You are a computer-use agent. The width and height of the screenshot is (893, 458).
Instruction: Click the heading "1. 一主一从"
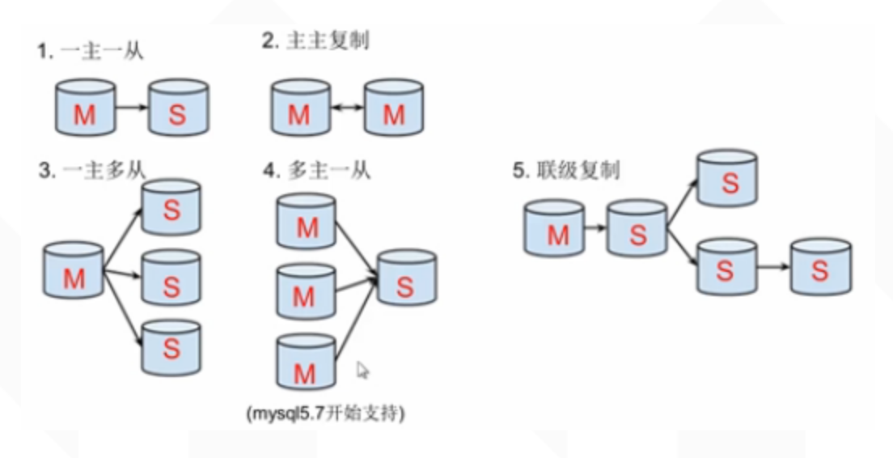(x=90, y=52)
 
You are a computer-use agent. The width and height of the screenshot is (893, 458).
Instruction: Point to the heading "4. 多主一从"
(x=316, y=170)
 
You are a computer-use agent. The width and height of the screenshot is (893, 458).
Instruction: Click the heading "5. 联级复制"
(x=566, y=170)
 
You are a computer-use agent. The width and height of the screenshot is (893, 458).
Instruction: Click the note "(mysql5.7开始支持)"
(x=326, y=413)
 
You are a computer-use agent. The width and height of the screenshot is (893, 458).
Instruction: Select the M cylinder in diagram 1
(x=85, y=108)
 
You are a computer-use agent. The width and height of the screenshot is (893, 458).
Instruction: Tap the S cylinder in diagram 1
(x=178, y=108)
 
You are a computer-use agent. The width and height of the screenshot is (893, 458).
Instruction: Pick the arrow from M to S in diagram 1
(x=131, y=107)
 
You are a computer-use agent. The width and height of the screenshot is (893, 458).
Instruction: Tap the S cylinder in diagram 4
(x=406, y=278)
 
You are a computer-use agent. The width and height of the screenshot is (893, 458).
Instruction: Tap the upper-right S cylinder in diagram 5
(x=729, y=176)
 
